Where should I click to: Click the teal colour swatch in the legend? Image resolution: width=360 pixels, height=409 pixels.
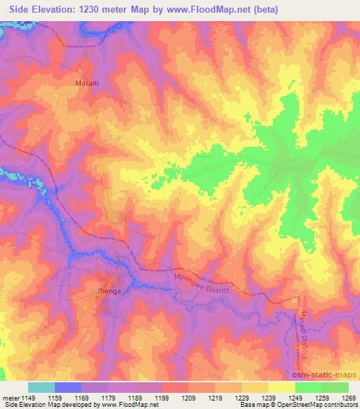(41, 387)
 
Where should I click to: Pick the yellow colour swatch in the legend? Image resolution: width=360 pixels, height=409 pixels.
(281, 387)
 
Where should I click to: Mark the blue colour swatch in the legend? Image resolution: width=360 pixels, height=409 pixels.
(68, 387)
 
